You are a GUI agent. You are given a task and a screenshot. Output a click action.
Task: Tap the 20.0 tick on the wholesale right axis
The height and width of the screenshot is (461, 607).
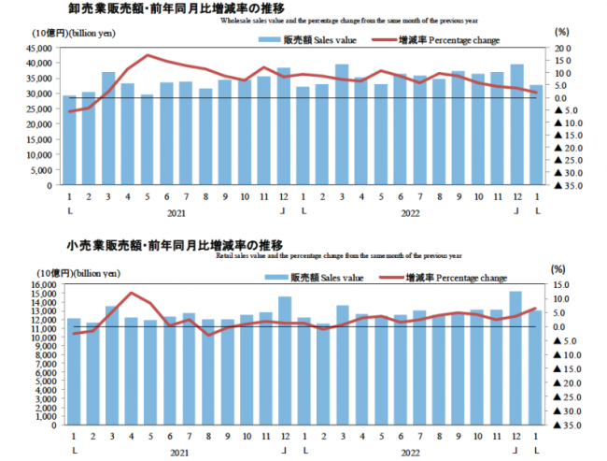pyautogui.click(x=562, y=47)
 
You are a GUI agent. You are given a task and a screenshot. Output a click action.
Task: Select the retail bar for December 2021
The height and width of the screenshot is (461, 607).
pyautogui.click(x=285, y=360)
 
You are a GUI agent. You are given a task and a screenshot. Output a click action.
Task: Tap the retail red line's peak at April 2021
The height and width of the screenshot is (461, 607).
pyautogui.click(x=131, y=293)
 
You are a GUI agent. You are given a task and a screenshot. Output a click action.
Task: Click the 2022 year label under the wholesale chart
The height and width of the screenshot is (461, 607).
pyautogui.click(x=410, y=212)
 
